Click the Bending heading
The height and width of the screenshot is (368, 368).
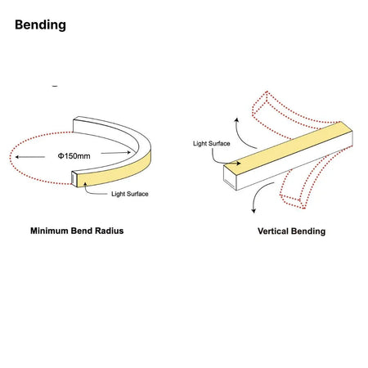click(40, 25)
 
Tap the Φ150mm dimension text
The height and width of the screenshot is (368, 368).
click(74, 156)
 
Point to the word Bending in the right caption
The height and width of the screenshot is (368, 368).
click(308, 231)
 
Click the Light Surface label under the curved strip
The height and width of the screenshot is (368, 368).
click(130, 194)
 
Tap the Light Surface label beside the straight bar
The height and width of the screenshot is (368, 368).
click(212, 143)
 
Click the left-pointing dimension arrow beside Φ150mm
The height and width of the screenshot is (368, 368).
click(30, 157)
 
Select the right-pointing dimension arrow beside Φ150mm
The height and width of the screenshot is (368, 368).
click(116, 153)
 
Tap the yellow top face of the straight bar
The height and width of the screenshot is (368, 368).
click(289, 144)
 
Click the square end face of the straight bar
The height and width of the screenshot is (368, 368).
click(230, 177)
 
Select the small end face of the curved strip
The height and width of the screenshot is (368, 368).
click(74, 178)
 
